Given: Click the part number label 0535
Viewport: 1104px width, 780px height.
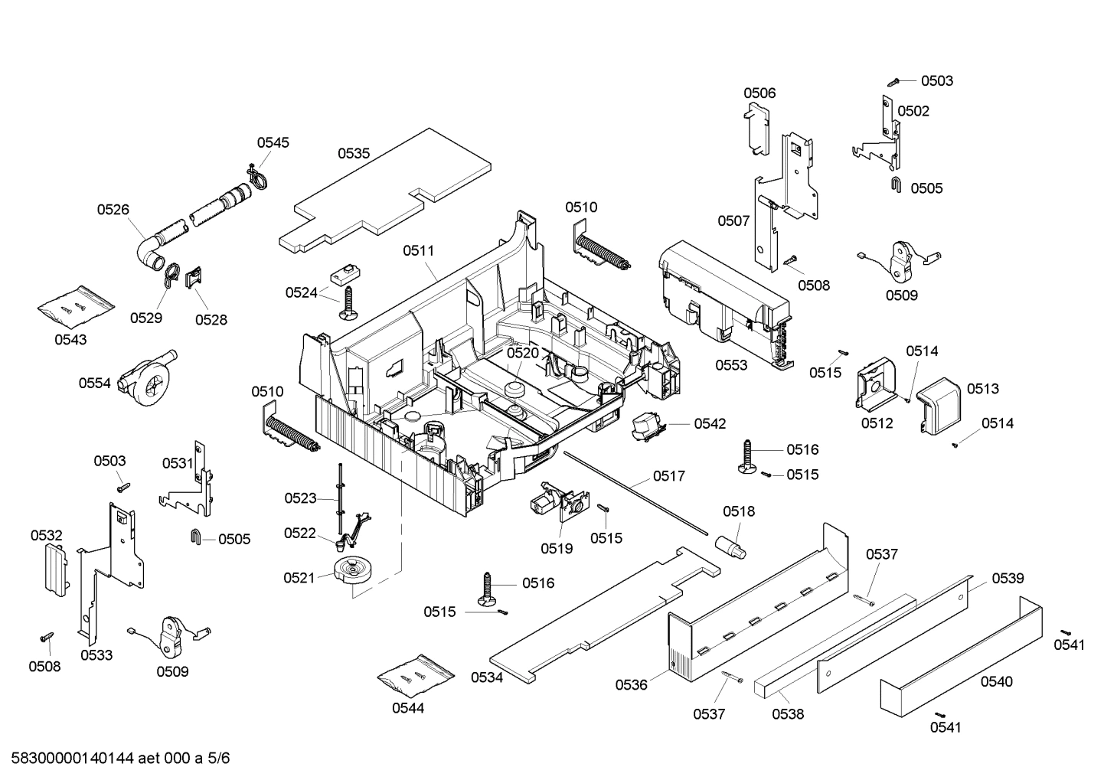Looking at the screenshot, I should [x=354, y=153].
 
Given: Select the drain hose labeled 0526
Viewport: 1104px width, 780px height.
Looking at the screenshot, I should [x=191, y=218].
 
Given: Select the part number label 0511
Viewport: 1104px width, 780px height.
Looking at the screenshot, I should [x=419, y=250].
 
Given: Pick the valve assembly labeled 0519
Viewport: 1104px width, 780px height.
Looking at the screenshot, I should [x=556, y=506].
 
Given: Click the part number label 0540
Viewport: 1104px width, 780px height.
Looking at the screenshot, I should [x=996, y=681].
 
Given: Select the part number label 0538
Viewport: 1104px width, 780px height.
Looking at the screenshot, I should [x=788, y=714].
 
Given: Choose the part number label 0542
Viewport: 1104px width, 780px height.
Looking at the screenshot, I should [x=710, y=424].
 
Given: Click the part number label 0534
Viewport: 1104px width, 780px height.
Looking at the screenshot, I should [x=487, y=677].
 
